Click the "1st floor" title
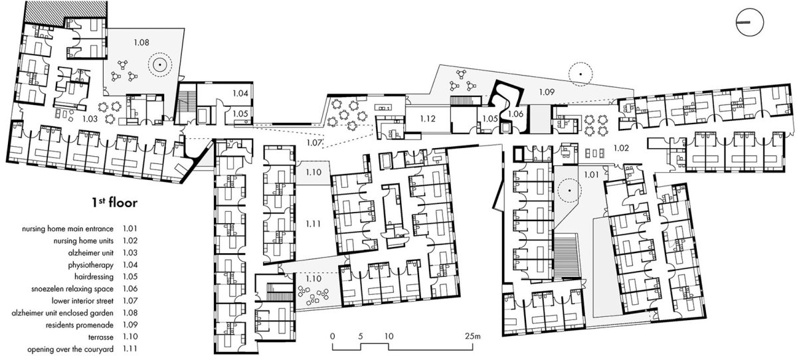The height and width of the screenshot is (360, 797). [114, 203]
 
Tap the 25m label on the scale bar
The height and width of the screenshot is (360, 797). [472, 336]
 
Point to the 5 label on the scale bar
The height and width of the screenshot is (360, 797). [360, 336]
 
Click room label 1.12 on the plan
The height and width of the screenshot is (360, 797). [428, 118]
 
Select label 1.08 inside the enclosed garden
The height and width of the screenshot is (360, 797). [141, 43]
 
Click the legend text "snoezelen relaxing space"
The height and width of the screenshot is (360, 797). [72, 289]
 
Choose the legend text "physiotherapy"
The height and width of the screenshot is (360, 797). [91, 265]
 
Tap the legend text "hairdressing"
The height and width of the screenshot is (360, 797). [94, 277]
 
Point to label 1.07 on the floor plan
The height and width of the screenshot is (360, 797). [314, 143]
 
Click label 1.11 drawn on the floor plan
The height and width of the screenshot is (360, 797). [313, 224]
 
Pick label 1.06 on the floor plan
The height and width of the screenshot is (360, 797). [515, 114]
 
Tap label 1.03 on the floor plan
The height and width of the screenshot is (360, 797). [90, 118]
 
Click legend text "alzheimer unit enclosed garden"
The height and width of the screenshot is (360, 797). [62, 313]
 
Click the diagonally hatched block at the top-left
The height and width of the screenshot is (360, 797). [66, 9]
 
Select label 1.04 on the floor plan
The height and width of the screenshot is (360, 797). [240, 93]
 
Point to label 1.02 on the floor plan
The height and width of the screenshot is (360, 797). [621, 148]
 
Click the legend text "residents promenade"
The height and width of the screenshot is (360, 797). [80, 325]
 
